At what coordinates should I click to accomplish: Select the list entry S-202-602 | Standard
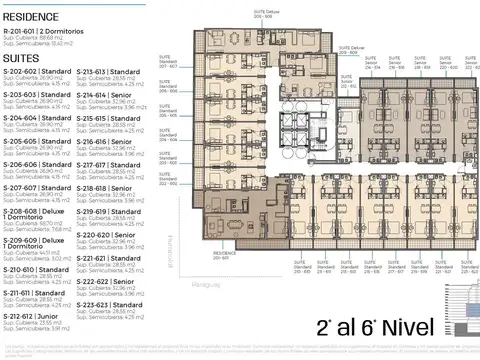coord(38,72)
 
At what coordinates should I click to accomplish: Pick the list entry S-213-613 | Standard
coord(111,72)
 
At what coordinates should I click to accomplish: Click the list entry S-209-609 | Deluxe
coord(36,242)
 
